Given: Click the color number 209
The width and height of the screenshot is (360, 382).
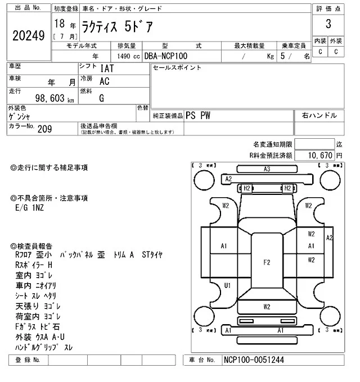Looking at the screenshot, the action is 44,129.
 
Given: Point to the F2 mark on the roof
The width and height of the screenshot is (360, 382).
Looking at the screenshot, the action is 267,262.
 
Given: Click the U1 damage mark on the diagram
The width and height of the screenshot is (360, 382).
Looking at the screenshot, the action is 227,285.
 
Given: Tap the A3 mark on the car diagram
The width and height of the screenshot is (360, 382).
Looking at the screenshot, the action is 267,169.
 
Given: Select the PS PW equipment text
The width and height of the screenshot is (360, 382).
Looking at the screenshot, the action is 199,115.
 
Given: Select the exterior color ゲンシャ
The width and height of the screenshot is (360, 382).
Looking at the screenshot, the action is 20,117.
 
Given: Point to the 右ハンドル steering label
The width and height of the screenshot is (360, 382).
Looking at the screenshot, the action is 319,115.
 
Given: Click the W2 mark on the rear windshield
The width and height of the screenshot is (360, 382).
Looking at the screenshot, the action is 267,307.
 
